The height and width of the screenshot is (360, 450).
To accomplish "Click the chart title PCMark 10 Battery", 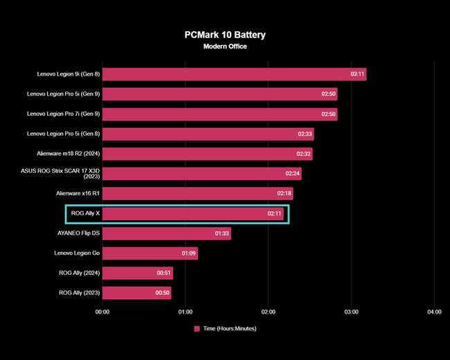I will pyautogui.click(x=225, y=34).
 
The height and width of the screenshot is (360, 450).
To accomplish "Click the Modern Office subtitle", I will pyautogui.click(x=225, y=46).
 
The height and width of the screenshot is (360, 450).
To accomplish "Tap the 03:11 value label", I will pyautogui.click(x=358, y=74).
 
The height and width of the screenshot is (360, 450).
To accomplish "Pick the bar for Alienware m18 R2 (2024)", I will pyautogui.click(x=207, y=154).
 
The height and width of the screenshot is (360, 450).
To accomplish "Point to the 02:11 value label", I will pyautogui.click(x=275, y=214).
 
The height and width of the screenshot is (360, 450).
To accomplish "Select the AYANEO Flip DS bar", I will pyautogui.click(x=166, y=233).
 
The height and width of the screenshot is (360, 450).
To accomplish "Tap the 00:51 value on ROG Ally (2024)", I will pyautogui.click(x=164, y=273).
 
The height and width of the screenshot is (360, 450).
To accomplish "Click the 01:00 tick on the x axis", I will pyautogui.click(x=186, y=312).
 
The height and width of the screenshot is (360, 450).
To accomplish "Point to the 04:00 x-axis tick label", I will pyautogui.click(x=433, y=312).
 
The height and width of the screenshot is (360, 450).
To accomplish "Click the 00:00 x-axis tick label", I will pyautogui.click(x=102, y=312).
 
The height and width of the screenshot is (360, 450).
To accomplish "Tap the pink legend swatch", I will pyautogui.click(x=197, y=329).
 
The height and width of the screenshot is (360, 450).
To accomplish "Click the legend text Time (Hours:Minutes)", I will pyautogui.click(x=230, y=329).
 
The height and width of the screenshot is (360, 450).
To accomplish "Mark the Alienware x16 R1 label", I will pyautogui.click(x=78, y=194).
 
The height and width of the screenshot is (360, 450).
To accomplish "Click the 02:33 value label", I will pyautogui.click(x=305, y=134).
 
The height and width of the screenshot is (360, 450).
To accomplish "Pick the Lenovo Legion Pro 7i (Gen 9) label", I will pyautogui.click(x=64, y=114).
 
